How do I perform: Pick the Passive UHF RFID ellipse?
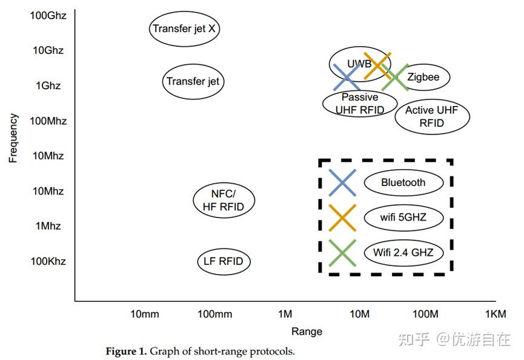point(359,103)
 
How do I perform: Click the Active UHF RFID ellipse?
point(432,116)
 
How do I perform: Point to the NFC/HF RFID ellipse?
point(224,200)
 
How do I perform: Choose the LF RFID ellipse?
point(224,261)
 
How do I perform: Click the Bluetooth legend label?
point(403,182)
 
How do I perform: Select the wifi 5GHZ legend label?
point(403,217)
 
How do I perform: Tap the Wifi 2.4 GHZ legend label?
point(403,252)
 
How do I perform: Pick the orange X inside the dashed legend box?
point(342,218)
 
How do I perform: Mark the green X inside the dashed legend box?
point(342,253)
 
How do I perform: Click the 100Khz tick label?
point(49,261)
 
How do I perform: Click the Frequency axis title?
point(13,138)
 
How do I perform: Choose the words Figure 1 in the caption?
point(125,352)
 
